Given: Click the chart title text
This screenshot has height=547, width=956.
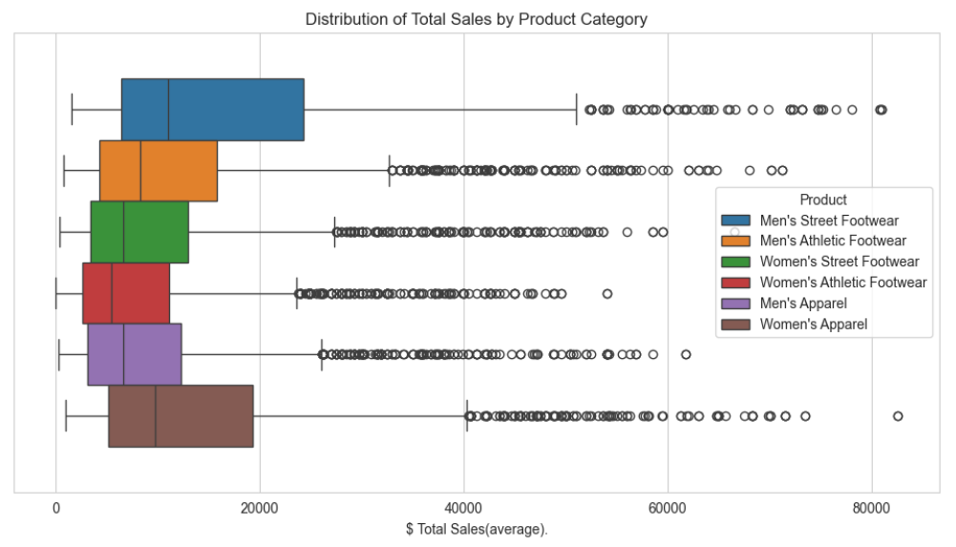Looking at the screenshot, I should coord(476,19).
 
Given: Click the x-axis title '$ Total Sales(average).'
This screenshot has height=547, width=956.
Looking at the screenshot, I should coord(476,528).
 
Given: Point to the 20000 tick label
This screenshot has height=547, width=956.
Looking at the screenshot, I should coord(260,506).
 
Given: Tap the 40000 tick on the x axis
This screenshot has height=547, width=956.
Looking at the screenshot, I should coord(463,506).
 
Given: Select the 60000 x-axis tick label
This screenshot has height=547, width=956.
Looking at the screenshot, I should coord(668,506).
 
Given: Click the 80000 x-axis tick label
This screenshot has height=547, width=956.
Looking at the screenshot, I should coord(871,506).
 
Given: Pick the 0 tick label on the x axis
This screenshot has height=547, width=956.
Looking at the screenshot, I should coord(56,506).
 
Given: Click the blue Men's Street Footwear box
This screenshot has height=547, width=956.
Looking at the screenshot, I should coord(212,110).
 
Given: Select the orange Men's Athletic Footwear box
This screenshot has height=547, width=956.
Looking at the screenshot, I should coord(159,171).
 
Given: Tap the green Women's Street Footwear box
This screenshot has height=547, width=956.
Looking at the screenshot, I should coord(139,232).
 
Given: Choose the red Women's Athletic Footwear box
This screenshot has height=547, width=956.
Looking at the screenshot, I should coord(126,293).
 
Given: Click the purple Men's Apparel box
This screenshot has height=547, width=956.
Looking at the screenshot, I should coord(135,354).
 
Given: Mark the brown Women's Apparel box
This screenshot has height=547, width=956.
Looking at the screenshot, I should coord(181,415).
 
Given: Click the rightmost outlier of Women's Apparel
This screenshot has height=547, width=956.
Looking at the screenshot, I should coord(898,415).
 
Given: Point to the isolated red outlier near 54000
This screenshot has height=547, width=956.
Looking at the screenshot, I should coord(606,293).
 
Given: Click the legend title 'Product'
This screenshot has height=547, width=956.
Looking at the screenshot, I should coord(823,200).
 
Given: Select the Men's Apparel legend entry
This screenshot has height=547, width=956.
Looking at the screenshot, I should coord(803,304).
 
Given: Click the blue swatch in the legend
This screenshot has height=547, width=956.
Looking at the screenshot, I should coord(737,221).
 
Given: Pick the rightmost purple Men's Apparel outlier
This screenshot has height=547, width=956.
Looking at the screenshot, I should coord(686,354).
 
